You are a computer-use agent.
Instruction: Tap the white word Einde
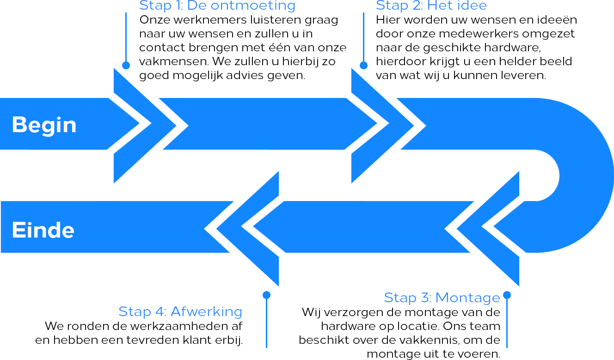(43, 230)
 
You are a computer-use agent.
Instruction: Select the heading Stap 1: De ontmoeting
(217, 6)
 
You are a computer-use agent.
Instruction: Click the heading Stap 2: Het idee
(431, 6)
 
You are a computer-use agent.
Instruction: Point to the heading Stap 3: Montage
(442, 298)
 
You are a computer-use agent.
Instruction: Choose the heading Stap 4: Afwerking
(180, 311)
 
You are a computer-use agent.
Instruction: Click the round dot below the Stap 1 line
(126, 65)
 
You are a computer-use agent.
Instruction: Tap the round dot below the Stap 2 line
(363, 65)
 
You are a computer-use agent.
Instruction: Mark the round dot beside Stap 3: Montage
(507, 295)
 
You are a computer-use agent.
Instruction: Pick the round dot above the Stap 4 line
(266, 295)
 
